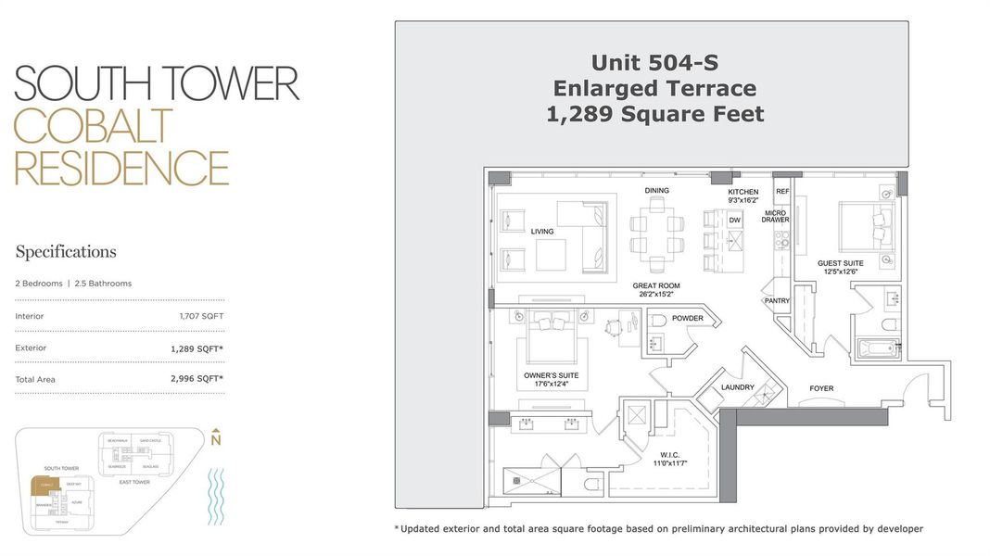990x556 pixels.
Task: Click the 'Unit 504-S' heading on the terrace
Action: (x=654, y=62)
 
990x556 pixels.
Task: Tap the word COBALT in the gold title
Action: (x=94, y=127)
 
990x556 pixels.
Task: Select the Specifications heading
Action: (x=66, y=252)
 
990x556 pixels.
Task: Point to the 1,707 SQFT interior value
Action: (x=201, y=316)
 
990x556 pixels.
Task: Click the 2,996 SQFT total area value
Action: (x=197, y=379)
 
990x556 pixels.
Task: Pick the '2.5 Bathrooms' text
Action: (x=103, y=284)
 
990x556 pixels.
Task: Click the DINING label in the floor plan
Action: (x=657, y=191)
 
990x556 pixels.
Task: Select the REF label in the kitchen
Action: (x=782, y=191)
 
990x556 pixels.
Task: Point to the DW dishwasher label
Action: (x=735, y=220)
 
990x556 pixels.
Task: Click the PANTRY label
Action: (x=777, y=301)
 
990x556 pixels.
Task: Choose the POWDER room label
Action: (x=687, y=319)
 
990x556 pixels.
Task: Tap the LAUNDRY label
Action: (x=738, y=387)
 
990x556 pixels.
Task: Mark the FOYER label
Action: (x=821, y=389)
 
